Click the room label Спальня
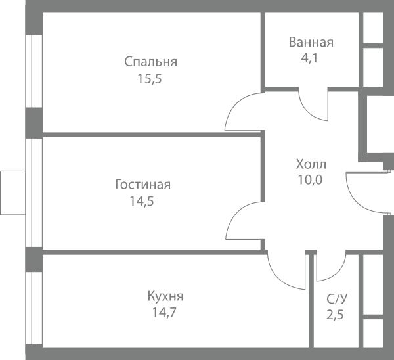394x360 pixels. [x=151, y=62]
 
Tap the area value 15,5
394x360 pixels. [x=150, y=79]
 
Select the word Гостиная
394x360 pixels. [x=143, y=185]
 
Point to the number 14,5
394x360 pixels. [x=141, y=202]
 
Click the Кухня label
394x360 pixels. [x=165, y=296]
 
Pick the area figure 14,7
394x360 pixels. [x=164, y=313]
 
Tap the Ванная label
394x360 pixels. [x=311, y=42]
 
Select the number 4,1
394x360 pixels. [x=309, y=58]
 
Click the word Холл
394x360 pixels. [x=311, y=164]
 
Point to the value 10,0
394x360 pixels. [x=310, y=180]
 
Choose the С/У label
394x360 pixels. [x=338, y=299]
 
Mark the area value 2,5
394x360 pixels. [x=335, y=315]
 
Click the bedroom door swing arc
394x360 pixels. [x=236, y=104]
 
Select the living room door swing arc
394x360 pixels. [x=236, y=212]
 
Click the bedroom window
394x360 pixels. [x=34, y=71]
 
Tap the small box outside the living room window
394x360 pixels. [x=13, y=193]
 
